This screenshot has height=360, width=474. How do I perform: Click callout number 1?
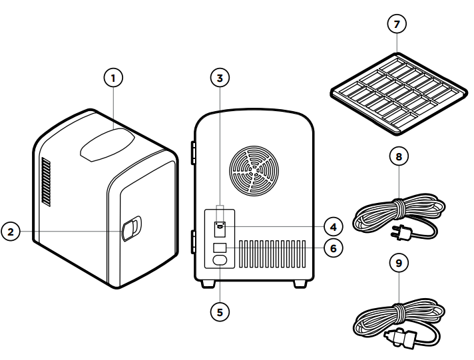click(x=113, y=79)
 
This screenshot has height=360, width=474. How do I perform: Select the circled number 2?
click(x=11, y=232)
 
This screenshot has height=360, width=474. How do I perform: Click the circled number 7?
click(x=397, y=25)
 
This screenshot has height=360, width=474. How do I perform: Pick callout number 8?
click(x=397, y=158)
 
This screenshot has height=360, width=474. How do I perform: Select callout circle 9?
click(x=397, y=262)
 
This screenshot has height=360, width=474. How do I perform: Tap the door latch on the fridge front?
click(x=131, y=228)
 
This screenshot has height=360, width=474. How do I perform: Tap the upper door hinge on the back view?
click(x=193, y=151)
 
